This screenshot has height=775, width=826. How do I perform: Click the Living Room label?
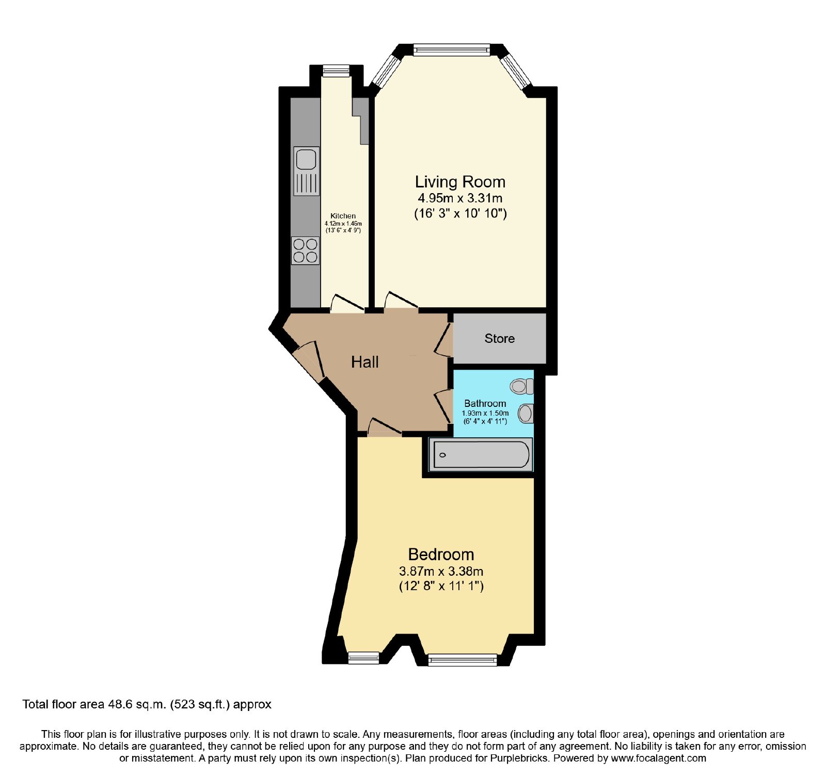460,182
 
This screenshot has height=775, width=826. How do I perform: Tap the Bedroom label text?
441,555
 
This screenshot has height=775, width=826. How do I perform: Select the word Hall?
365,362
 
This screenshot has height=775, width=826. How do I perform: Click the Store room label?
499,339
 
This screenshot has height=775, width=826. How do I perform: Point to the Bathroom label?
485,403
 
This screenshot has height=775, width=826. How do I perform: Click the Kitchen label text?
343,216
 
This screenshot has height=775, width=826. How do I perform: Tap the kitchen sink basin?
306,159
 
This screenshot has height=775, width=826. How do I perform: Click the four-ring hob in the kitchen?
305,250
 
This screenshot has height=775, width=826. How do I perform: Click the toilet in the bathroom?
522,386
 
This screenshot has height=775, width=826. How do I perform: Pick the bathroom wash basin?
526,413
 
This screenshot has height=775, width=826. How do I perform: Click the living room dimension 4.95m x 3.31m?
460,198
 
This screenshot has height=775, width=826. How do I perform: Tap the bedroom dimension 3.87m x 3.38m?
441,571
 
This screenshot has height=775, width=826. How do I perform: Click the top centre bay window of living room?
451,50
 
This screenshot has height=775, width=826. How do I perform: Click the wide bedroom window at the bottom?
463,659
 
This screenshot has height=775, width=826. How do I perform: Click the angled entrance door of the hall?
309,359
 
